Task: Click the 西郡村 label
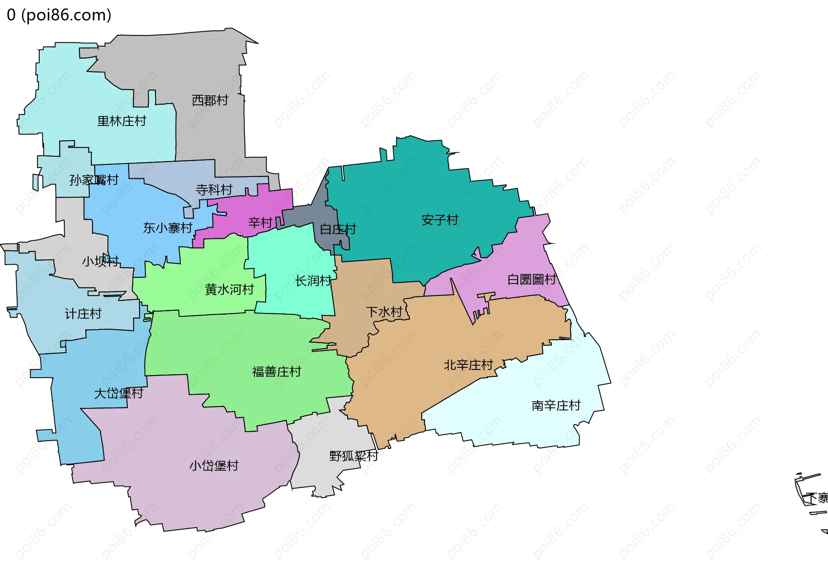tap(210, 101)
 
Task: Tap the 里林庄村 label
tap(122, 121)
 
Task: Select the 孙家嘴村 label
tap(94, 180)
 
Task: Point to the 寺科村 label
tap(214, 189)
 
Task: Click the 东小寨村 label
tap(168, 228)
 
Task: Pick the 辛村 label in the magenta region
tap(260, 223)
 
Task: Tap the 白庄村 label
tap(338, 229)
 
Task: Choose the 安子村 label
tap(440, 220)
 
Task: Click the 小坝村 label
tap(100, 261)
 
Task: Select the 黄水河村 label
tap(229, 289)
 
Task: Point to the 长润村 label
tap(314, 281)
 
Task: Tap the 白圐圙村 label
tap(532, 280)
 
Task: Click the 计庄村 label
tap(83, 314)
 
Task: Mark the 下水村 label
tap(384, 312)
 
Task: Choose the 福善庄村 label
tap(276, 372)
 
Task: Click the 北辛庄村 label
tap(468, 365)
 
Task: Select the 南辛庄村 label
tap(556, 406)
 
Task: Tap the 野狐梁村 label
tap(354, 456)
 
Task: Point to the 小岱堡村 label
tap(214, 466)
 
